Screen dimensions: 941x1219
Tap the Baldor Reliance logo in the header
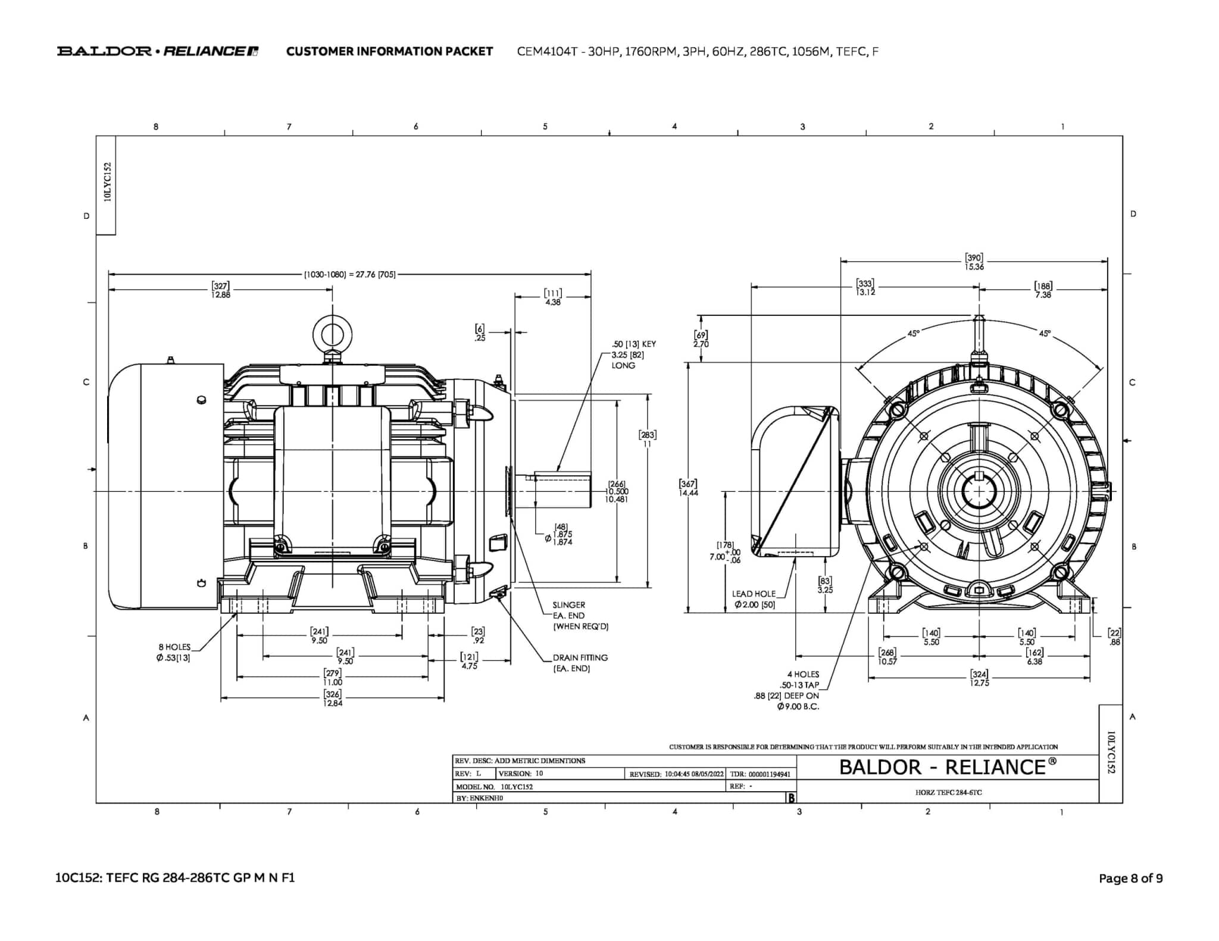click(157, 51)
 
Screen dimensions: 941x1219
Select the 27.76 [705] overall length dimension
click(350, 275)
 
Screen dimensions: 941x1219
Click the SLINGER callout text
click(568, 605)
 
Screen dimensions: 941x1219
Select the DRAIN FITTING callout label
click(580, 658)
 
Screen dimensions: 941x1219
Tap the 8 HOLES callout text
click(174, 647)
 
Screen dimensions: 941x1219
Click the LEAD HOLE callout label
click(754, 594)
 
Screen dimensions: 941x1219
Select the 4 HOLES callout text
click(803, 675)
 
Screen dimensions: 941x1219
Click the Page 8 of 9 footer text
click(1130, 878)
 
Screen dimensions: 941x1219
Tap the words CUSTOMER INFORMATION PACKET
click(389, 52)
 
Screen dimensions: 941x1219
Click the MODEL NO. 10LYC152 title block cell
click(495, 786)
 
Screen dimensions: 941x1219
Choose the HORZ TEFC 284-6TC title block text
click(948, 792)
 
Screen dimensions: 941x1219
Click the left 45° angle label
click(913, 334)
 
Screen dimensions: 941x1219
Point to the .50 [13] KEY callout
click(633, 344)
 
